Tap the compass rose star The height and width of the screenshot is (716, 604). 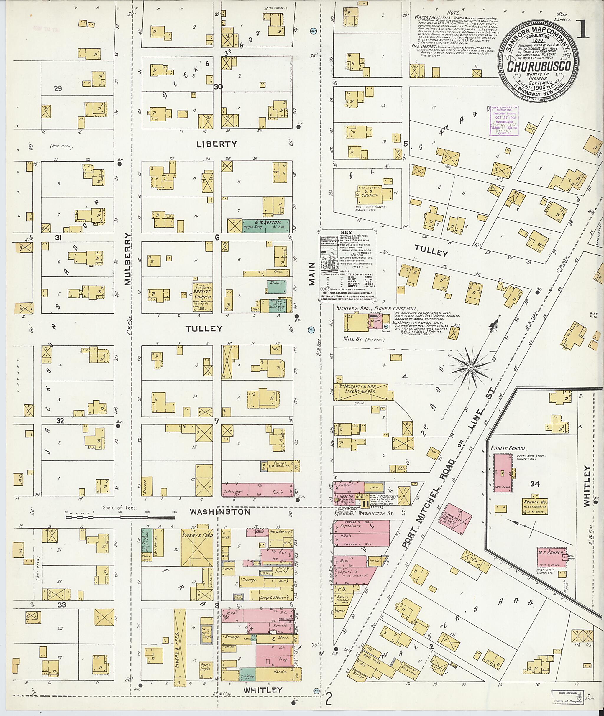coord(470,367)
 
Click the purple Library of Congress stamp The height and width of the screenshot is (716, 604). coord(505,121)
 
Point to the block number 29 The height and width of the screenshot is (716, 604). coord(58,89)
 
